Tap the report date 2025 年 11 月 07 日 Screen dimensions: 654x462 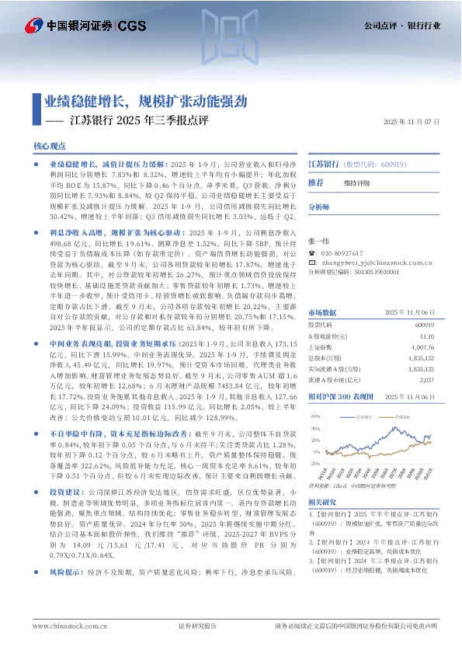[413, 122]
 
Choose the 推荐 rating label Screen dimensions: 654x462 [316, 183]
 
